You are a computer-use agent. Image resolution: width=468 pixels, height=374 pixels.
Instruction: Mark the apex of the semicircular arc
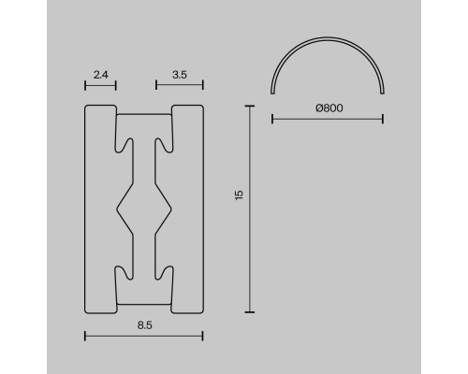(328, 39)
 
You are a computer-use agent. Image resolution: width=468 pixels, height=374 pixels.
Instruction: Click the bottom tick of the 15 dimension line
(249, 312)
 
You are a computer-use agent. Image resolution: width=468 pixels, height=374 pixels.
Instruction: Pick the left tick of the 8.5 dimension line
(85, 336)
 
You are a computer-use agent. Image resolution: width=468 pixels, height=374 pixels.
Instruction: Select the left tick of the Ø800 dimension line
(272, 119)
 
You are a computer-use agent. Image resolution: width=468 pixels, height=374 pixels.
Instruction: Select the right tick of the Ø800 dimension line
(383, 119)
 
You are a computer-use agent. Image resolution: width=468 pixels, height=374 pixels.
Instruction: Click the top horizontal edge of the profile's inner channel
(143, 116)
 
